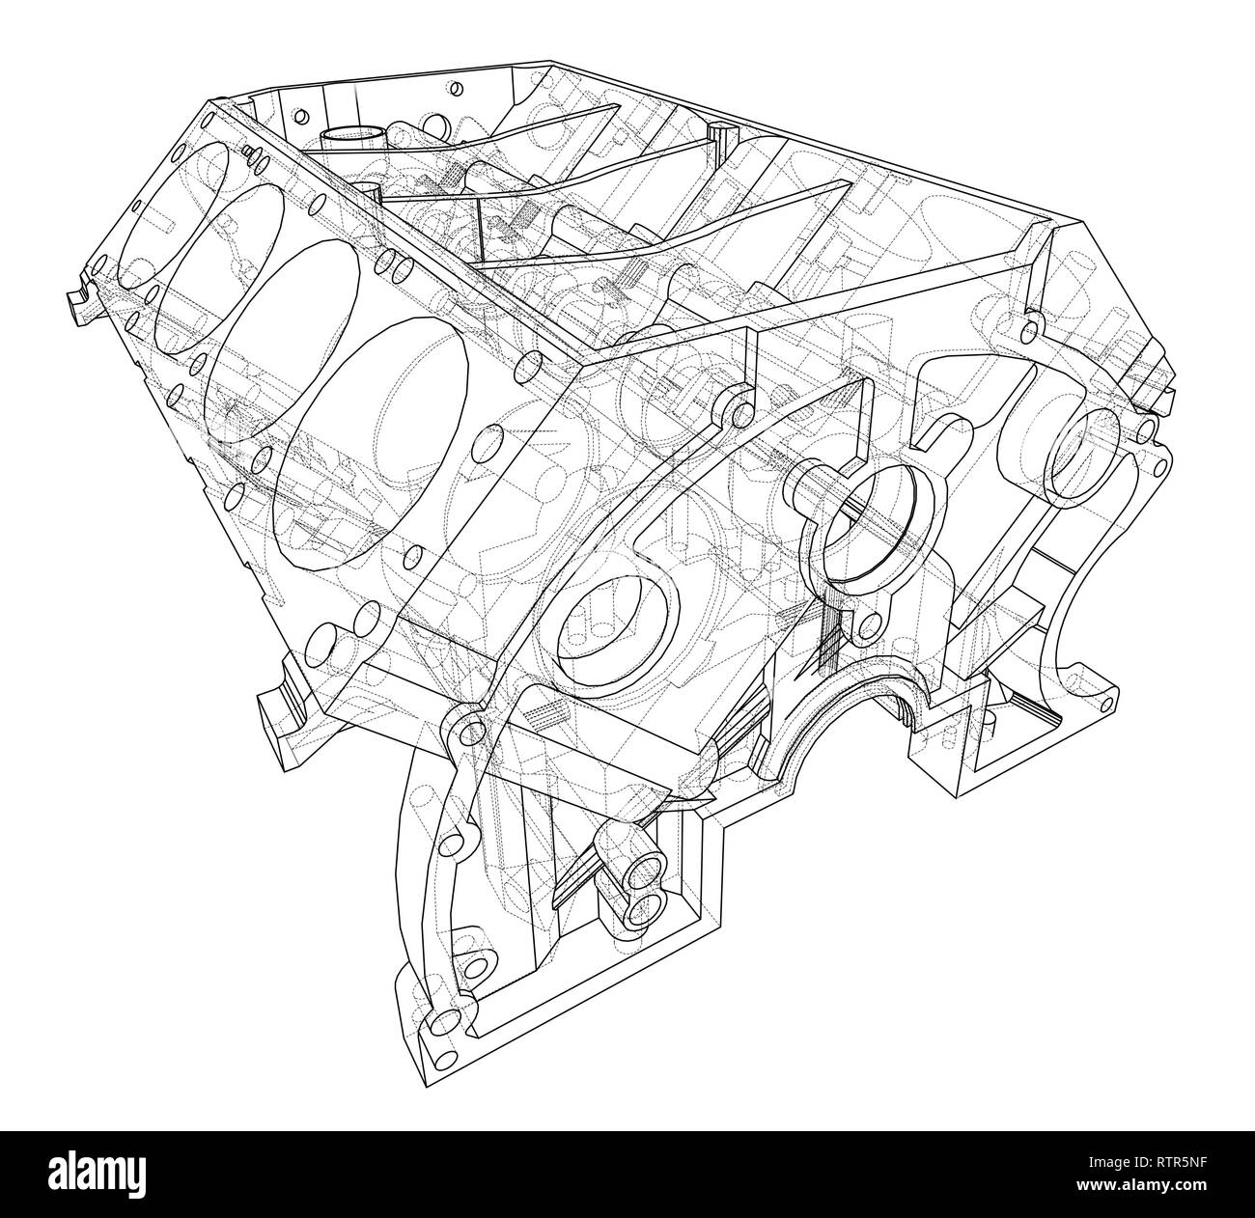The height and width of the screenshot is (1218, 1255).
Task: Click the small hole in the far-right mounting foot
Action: click(1110, 695)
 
